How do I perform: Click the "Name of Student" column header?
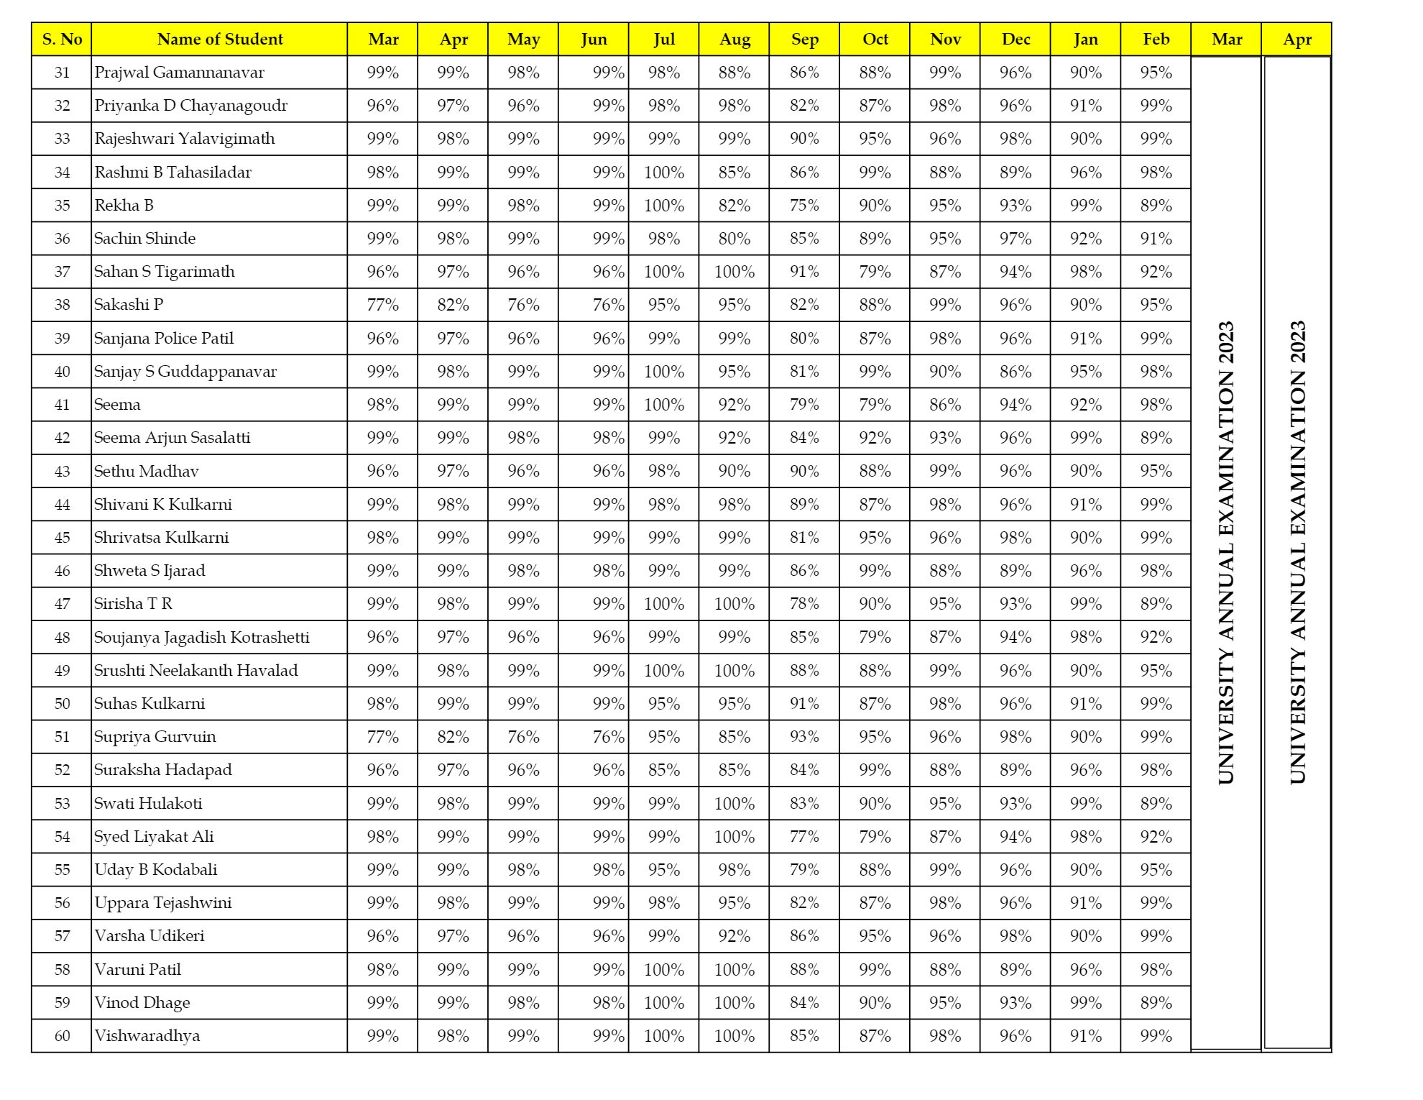tap(219, 40)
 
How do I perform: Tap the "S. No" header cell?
tap(62, 40)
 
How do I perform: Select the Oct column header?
tap(875, 40)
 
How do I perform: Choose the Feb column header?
tap(1156, 40)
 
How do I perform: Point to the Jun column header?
tap(594, 40)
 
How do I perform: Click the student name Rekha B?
tap(124, 206)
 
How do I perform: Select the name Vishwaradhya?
tap(147, 1036)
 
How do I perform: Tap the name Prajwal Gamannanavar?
tap(180, 73)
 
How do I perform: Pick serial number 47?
tap(62, 604)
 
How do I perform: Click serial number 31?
tap(62, 73)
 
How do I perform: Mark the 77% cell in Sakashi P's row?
tap(382, 305)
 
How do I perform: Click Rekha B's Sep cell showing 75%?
tap(804, 206)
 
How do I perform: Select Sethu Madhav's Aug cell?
tap(734, 472)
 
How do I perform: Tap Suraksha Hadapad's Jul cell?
tap(663, 770)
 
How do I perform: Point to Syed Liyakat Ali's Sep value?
tap(804, 837)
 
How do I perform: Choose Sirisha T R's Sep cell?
tap(804, 604)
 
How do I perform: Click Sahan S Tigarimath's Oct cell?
tap(875, 272)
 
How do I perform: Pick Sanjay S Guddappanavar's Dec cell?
tap(1015, 372)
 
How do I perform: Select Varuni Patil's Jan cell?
tap(1085, 970)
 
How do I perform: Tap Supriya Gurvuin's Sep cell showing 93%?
tap(804, 737)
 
